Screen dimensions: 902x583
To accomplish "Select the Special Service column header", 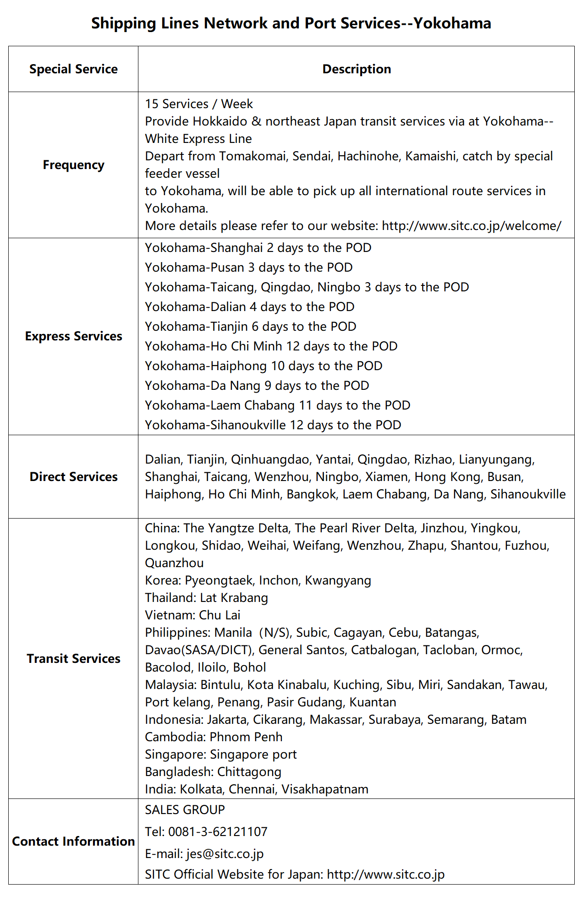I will [x=73, y=69].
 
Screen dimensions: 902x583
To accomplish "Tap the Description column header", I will [x=357, y=69].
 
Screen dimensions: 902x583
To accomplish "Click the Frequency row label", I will [x=73, y=165].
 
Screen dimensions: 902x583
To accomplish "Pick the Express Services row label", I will [x=73, y=336].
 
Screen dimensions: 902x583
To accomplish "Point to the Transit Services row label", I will [x=73, y=659].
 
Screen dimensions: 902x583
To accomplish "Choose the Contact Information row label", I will [x=73, y=842].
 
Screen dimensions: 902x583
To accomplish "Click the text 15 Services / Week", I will [x=199, y=104].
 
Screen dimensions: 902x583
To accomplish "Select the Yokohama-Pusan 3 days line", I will [x=249, y=268].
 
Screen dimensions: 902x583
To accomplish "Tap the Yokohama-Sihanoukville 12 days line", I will [x=273, y=425].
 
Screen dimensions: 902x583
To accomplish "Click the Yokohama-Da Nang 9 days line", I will [x=257, y=386].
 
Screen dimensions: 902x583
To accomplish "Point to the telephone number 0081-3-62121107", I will [x=218, y=832].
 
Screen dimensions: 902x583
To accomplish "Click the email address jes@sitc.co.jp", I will [x=225, y=854].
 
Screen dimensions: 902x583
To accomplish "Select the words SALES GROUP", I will [x=185, y=810].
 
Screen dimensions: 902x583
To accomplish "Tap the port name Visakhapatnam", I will [x=324, y=789].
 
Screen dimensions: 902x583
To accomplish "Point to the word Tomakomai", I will [x=253, y=156].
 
